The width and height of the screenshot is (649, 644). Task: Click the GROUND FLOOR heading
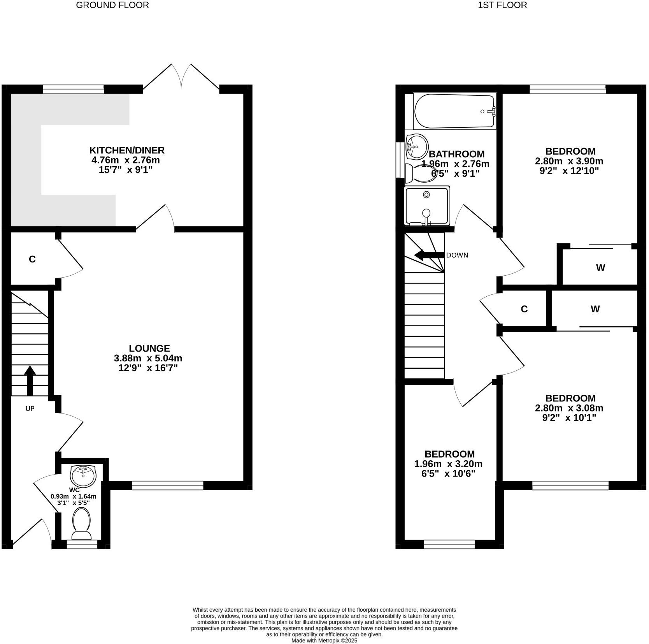(x=112, y=5)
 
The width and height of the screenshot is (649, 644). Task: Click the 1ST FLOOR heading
(x=502, y=5)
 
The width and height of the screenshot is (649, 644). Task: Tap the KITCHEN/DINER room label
(x=127, y=150)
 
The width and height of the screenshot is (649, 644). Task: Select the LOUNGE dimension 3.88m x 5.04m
(x=148, y=358)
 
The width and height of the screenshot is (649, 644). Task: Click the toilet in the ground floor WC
(x=82, y=524)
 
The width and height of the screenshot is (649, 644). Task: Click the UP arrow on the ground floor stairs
(x=30, y=380)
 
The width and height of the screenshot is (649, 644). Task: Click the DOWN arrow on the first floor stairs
(x=429, y=255)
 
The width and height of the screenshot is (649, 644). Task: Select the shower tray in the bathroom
(x=427, y=206)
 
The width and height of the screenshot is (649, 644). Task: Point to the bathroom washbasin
(x=416, y=146)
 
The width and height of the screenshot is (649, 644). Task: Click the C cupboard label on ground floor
(x=32, y=259)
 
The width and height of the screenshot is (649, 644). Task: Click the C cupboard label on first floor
(x=524, y=309)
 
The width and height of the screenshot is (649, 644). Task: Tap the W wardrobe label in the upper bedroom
(x=600, y=268)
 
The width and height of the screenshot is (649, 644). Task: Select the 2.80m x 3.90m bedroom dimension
(x=570, y=161)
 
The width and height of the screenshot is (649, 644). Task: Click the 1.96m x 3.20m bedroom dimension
(x=448, y=464)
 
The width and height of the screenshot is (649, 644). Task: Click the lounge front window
(x=167, y=485)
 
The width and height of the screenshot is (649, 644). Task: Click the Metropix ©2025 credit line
(x=324, y=640)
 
